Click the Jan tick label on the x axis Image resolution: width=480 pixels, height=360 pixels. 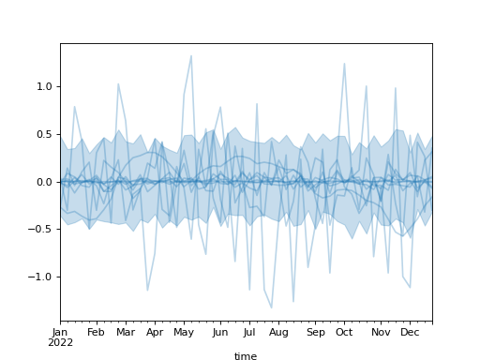pyautogui.click(x=60, y=332)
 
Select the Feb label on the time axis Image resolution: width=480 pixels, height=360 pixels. pyautogui.click(x=96, y=332)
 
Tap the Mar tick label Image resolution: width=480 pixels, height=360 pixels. pyautogui.click(x=125, y=332)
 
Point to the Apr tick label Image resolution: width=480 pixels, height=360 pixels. pyautogui.click(x=155, y=332)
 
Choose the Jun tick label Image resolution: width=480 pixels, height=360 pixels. pyautogui.click(x=219, y=332)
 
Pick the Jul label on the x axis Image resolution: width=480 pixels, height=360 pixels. pyautogui.click(x=249, y=332)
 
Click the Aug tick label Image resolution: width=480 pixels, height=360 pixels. pyautogui.click(x=278, y=332)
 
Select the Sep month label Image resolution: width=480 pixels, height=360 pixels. pyautogui.click(x=315, y=332)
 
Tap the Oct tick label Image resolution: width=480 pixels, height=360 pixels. pyautogui.click(x=344, y=332)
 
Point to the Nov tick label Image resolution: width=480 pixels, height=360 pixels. pyautogui.click(x=381, y=332)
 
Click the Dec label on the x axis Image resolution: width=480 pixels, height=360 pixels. pyautogui.click(x=410, y=332)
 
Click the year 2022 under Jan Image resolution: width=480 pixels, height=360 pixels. pyautogui.click(x=60, y=342)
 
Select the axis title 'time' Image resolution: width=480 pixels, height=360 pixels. pyautogui.click(x=246, y=356)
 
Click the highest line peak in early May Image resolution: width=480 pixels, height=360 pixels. pyautogui.click(x=191, y=55)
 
